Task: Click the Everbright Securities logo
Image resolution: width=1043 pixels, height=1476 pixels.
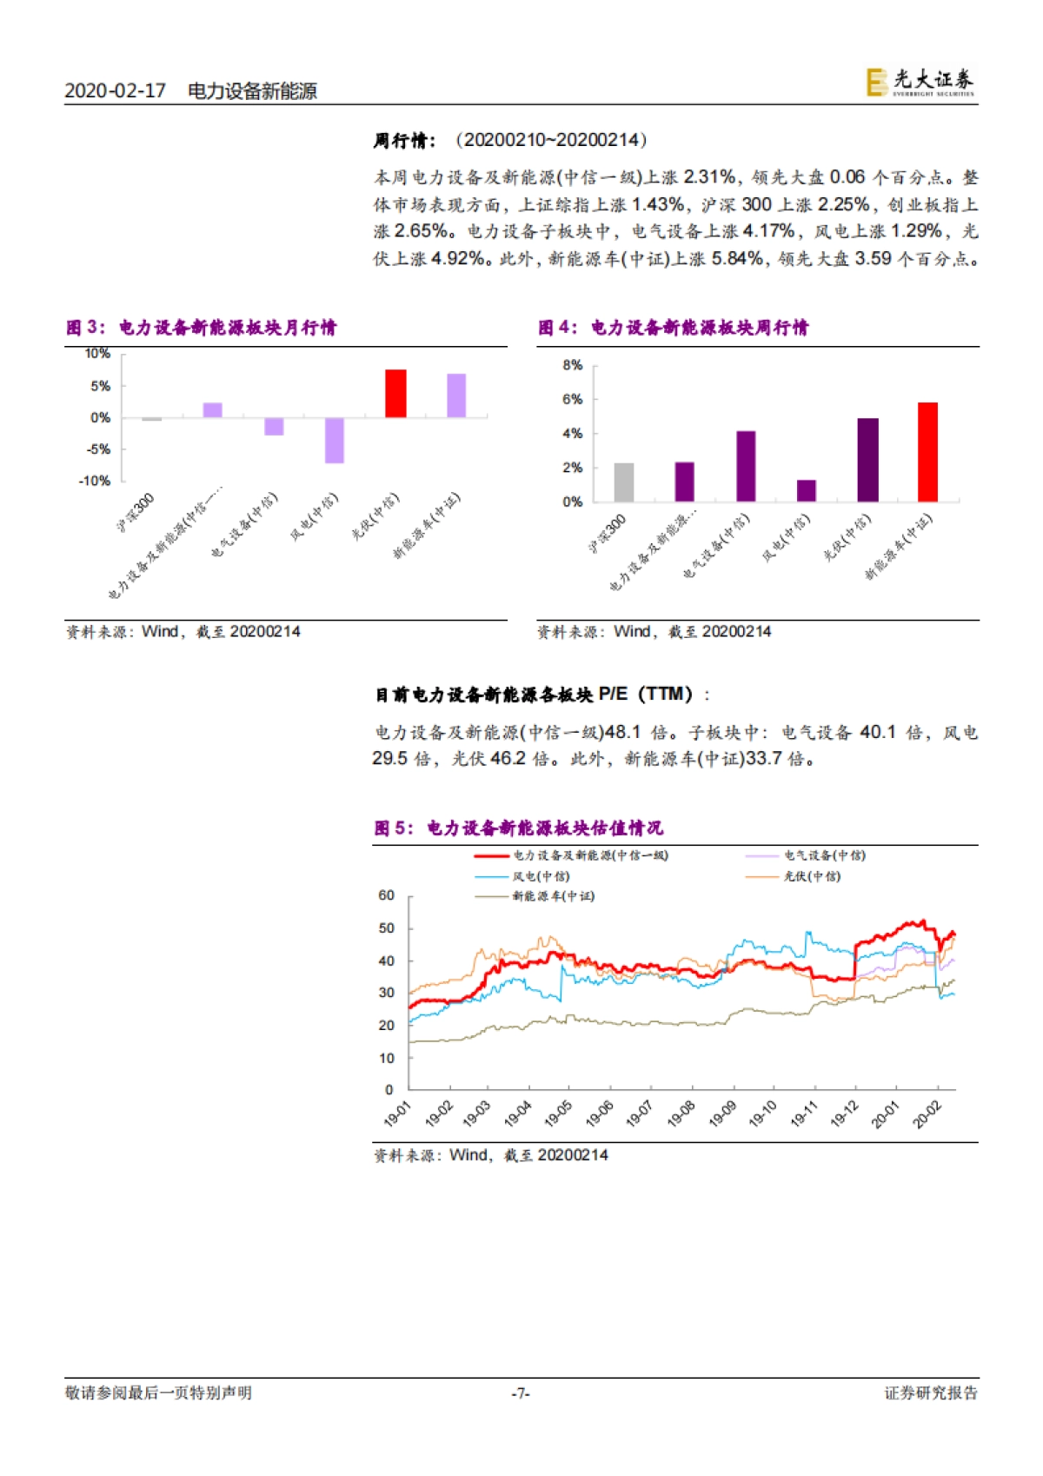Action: [920, 82]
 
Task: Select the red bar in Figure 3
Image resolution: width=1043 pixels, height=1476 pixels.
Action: [395, 394]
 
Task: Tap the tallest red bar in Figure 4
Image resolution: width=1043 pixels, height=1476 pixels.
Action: [927, 452]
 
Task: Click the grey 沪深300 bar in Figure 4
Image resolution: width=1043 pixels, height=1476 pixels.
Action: [624, 482]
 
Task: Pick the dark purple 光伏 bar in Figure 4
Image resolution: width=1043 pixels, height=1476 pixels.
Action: [867, 460]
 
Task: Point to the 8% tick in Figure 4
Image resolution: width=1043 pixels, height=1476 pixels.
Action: [572, 366]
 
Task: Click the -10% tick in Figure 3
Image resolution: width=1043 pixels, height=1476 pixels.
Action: [95, 481]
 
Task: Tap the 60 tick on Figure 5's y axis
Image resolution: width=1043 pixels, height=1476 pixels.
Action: [386, 895]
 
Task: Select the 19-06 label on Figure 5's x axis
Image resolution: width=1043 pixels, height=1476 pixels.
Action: [599, 1114]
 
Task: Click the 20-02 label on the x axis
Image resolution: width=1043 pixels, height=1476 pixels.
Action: [927, 1114]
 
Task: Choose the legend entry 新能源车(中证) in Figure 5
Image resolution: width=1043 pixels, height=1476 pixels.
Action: [553, 896]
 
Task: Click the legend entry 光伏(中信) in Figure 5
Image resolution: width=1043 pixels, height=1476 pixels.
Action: [812, 876]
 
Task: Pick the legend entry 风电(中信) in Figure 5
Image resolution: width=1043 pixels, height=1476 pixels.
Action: [541, 876]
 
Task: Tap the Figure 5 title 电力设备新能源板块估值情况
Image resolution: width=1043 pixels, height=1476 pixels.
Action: [544, 828]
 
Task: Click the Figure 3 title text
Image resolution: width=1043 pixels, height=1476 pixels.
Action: [227, 328]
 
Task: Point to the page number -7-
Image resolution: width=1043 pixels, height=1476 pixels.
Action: [520, 1393]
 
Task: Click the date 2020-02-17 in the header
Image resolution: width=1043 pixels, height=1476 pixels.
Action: [115, 90]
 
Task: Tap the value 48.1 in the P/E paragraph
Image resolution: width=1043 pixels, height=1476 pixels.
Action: [622, 733]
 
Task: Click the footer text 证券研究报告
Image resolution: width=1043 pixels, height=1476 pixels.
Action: [931, 1393]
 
